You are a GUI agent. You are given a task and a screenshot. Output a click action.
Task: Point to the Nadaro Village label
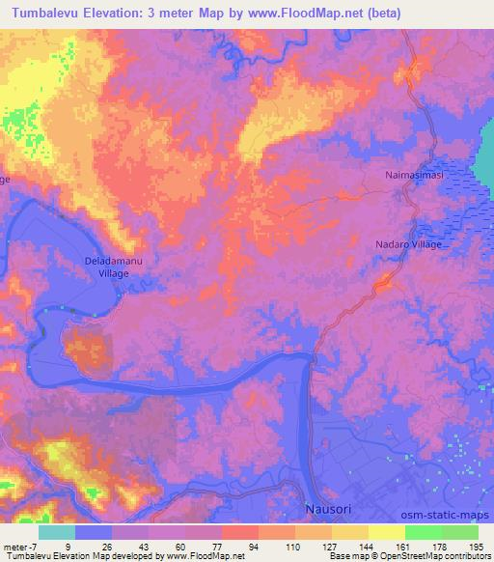tap(408, 245)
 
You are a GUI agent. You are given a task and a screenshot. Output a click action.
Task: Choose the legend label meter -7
tap(20, 547)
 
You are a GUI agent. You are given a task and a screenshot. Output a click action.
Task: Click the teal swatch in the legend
tap(57, 532)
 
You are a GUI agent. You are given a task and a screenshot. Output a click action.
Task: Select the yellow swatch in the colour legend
tap(386, 532)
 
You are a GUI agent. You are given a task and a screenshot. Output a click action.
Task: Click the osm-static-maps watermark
tap(452, 518)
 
